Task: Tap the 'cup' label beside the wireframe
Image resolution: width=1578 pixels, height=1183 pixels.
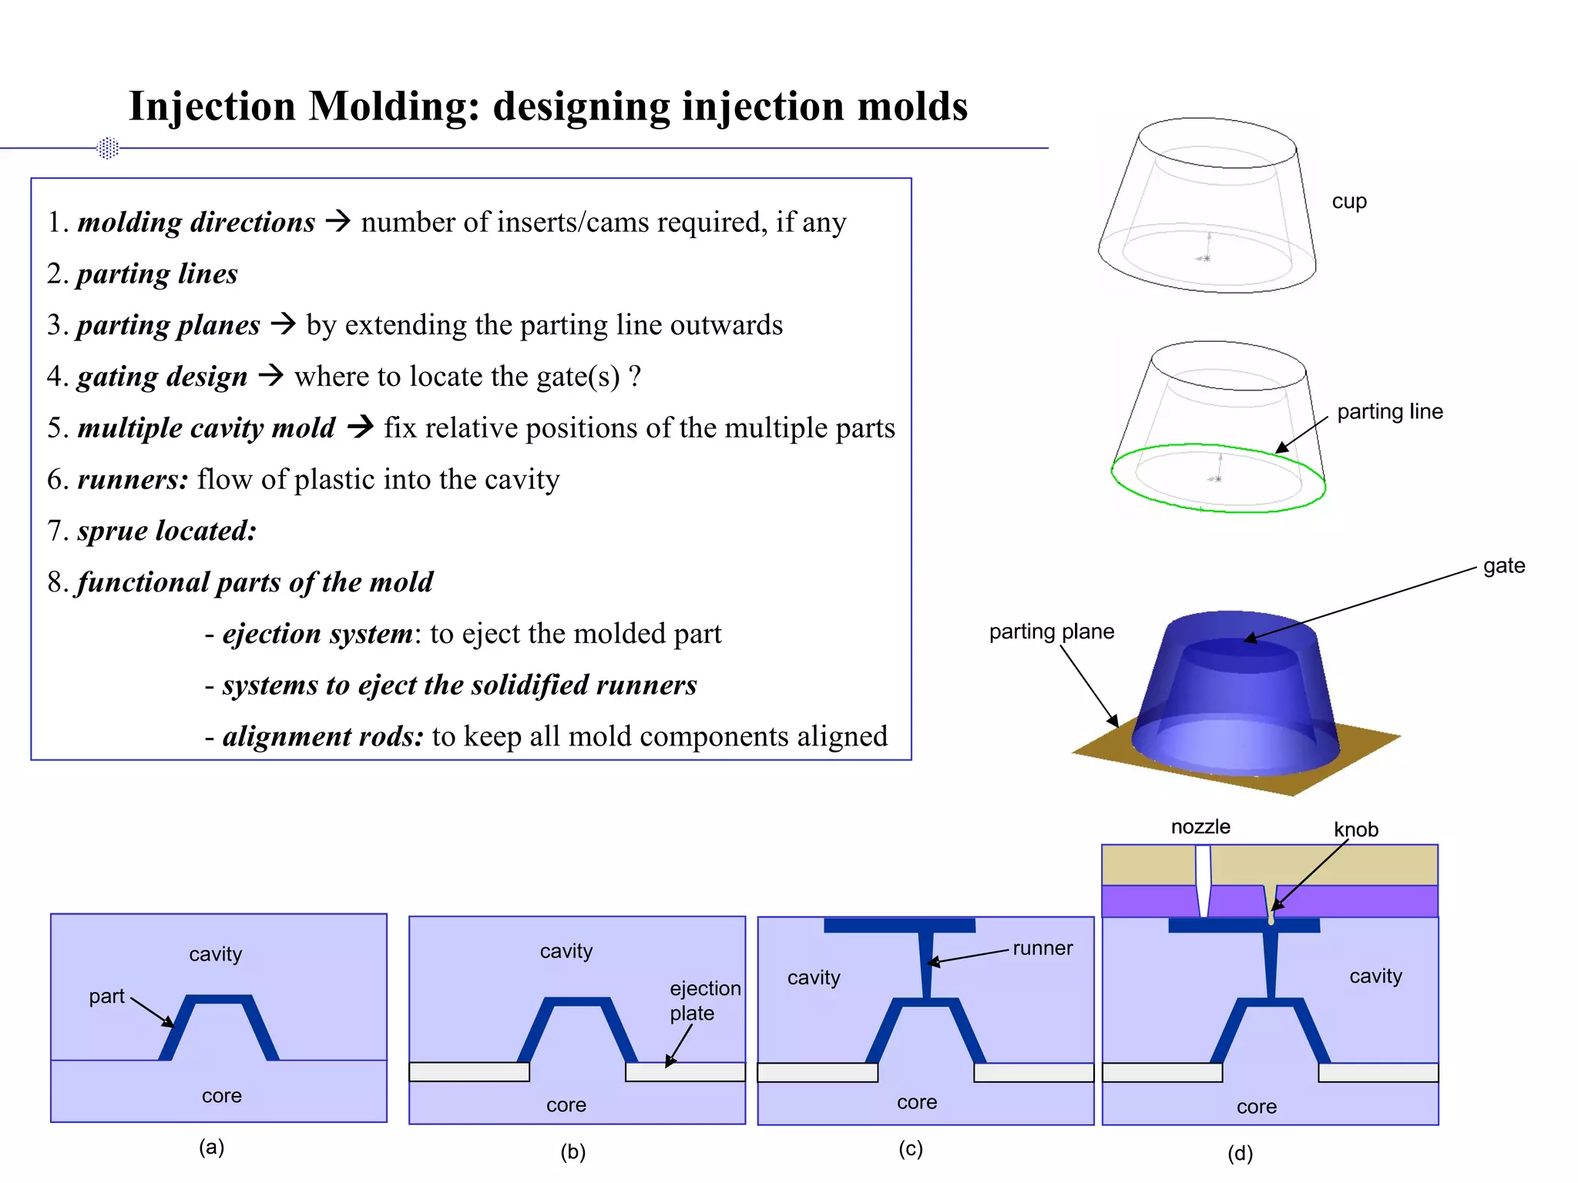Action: (1349, 202)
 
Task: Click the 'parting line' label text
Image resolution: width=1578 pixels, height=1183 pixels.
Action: (1389, 411)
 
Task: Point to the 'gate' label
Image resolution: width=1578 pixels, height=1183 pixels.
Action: (1503, 566)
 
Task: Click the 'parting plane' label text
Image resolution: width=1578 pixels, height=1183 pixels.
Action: (1051, 632)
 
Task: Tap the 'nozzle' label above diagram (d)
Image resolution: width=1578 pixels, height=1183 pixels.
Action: (1200, 827)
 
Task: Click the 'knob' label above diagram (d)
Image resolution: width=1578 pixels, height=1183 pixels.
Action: (1355, 829)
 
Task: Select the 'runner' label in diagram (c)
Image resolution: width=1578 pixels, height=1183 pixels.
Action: (1042, 948)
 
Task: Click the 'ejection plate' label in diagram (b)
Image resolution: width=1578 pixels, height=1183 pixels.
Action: (704, 1000)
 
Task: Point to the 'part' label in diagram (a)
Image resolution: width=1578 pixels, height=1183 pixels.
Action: (106, 997)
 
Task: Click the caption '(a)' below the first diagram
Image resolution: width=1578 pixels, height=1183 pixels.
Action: (211, 1147)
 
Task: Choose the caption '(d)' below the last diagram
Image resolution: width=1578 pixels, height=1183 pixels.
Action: (1240, 1153)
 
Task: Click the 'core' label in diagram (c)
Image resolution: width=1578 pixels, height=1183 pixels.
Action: (916, 1102)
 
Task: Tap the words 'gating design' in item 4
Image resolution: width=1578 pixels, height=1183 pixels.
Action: (162, 377)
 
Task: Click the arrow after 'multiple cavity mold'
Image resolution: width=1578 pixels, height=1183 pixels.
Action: (360, 426)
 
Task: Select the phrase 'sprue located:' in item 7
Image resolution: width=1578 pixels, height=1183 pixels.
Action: (166, 531)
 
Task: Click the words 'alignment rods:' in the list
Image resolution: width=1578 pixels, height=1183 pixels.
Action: (323, 736)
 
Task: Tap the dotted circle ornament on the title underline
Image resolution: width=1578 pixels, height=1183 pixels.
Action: (108, 148)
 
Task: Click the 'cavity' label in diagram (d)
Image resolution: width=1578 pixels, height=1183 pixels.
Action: (1375, 976)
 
